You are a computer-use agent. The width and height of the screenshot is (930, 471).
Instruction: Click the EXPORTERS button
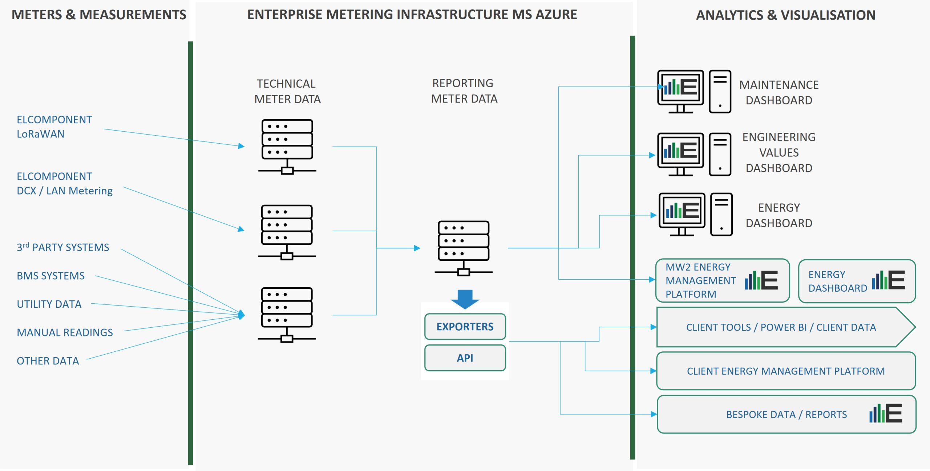pos(465,327)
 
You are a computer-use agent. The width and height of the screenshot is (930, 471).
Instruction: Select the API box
pos(465,358)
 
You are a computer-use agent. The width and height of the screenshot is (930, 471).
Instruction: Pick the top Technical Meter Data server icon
pos(287,147)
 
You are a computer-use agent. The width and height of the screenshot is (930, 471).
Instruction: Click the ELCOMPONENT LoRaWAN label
pos(54,127)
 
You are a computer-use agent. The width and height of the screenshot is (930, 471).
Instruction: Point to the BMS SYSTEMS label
pos(50,276)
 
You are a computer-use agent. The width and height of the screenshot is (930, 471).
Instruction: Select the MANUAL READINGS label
pos(65,332)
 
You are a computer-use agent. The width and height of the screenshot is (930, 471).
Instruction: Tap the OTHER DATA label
pos(48,361)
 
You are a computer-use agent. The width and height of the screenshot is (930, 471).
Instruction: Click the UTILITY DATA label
pos(49,304)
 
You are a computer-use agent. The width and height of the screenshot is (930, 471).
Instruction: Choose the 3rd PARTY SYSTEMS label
pos(63,247)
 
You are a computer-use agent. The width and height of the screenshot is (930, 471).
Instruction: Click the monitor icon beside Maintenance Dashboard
pos(680,92)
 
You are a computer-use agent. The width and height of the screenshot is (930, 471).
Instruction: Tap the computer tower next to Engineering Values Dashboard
pos(720,154)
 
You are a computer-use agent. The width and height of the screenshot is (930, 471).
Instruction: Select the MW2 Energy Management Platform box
pos(723,280)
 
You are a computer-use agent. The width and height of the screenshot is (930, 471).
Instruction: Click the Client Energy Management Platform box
pos(786,371)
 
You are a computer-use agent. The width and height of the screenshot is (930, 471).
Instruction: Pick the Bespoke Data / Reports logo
pos(886,413)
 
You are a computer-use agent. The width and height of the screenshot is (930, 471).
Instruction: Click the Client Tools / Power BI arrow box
pos(786,327)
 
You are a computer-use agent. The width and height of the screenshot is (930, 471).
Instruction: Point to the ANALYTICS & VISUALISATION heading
pos(786,15)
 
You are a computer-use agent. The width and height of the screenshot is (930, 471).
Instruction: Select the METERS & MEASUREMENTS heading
pos(99,15)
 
